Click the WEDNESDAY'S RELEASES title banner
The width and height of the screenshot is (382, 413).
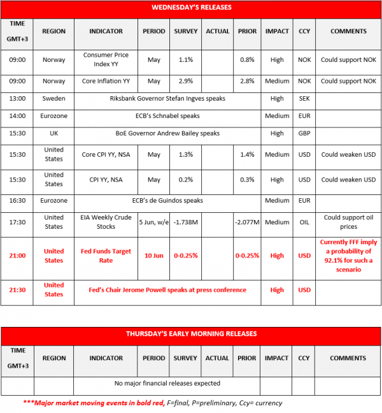[190, 8]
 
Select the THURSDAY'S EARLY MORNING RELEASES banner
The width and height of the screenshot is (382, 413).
[190, 333]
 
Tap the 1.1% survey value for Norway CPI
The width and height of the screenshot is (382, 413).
[186, 60]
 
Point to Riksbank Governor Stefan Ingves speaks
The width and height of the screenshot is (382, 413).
[167, 99]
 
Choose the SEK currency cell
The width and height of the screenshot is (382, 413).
[304, 99]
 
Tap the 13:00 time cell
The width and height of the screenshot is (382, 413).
[18, 99]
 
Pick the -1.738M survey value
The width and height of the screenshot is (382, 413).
[186, 222]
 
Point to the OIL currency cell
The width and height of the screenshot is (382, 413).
[304, 222]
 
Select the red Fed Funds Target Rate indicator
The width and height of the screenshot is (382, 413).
[105, 256]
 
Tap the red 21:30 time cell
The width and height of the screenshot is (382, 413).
[18, 290]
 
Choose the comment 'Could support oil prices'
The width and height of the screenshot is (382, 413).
[348, 222]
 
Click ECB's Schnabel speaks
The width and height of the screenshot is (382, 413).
[167, 116]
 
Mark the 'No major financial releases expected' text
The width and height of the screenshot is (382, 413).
[167, 383]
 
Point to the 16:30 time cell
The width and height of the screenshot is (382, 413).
[18, 200]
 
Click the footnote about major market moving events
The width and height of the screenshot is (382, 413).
[152, 403]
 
